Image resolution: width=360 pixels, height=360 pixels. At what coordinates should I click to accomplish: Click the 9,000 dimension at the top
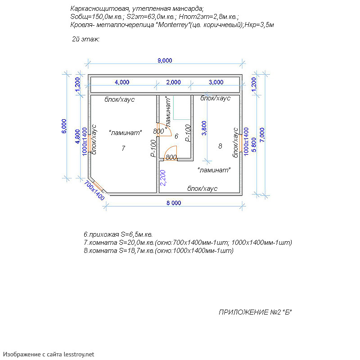(x=165, y=61)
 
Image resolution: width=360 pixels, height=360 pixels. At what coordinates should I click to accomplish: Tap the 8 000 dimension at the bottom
(x=174, y=203)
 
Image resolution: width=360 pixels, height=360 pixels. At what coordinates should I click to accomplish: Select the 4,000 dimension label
(x=122, y=82)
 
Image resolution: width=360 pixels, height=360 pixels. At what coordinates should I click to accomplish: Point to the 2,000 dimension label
(x=173, y=82)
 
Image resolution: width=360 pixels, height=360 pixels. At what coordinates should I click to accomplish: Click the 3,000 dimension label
(x=216, y=82)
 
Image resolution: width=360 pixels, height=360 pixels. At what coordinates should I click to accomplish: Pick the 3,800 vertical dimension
(x=204, y=128)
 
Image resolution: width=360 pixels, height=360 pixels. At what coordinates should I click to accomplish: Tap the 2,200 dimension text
(x=163, y=178)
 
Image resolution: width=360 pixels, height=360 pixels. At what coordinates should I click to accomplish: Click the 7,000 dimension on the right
(x=262, y=135)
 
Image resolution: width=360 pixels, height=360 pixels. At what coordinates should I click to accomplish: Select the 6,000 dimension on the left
(x=64, y=126)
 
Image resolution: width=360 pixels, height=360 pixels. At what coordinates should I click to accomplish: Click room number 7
(x=123, y=148)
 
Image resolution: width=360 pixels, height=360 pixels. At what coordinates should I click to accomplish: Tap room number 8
(x=220, y=146)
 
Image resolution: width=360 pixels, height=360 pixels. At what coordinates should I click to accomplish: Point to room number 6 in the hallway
(x=176, y=136)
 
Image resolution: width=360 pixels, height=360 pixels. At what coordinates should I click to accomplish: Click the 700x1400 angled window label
(x=94, y=191)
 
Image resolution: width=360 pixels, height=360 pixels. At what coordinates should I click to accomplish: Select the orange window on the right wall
(x=241, y=143)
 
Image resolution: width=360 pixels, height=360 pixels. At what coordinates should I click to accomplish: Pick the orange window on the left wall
(x=89, y=143)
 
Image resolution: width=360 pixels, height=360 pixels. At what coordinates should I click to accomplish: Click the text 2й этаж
(x=85, y=39)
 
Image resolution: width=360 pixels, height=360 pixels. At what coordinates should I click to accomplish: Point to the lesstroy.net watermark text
(x=79, y=355)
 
